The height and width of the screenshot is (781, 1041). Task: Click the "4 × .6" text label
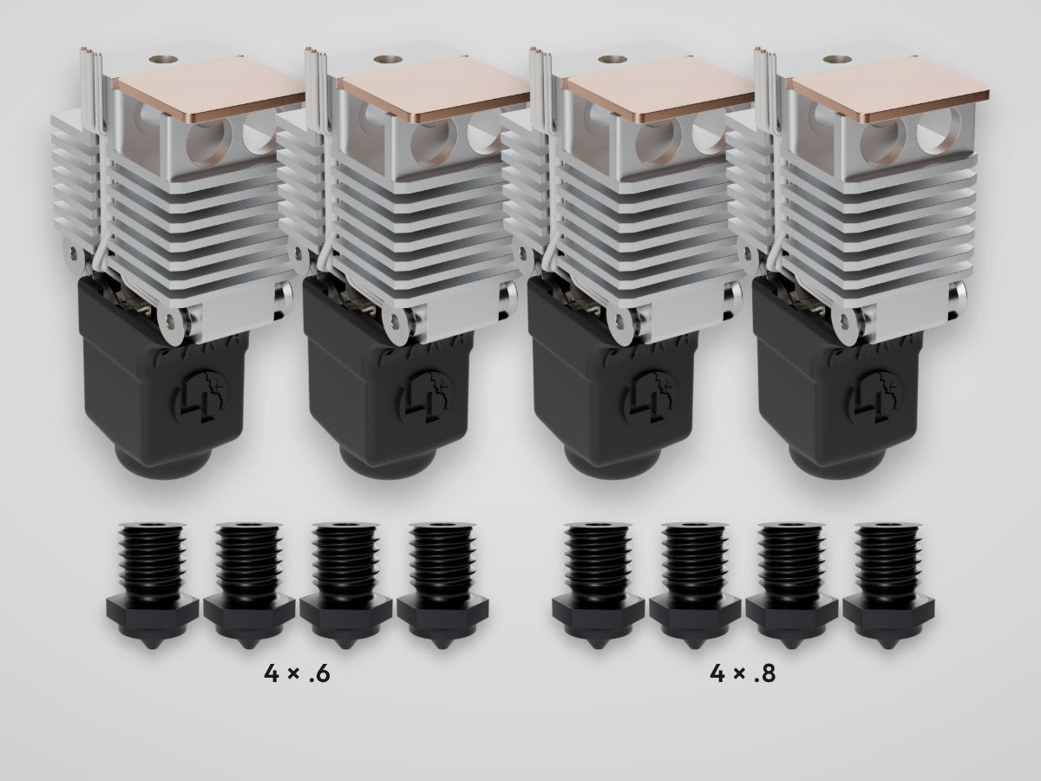(x=297, y=674)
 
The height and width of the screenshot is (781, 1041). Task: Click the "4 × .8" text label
(x=743, y=674)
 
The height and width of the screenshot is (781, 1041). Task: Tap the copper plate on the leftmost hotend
(x=212, y=89)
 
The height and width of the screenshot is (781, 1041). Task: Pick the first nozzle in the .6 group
(x=152, y=586)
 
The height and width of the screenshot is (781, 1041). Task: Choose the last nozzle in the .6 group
(x=442, y=586)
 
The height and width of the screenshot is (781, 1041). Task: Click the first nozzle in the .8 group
(x=599, y=586)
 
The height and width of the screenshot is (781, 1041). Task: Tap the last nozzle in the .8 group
(x=889, y=586)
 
